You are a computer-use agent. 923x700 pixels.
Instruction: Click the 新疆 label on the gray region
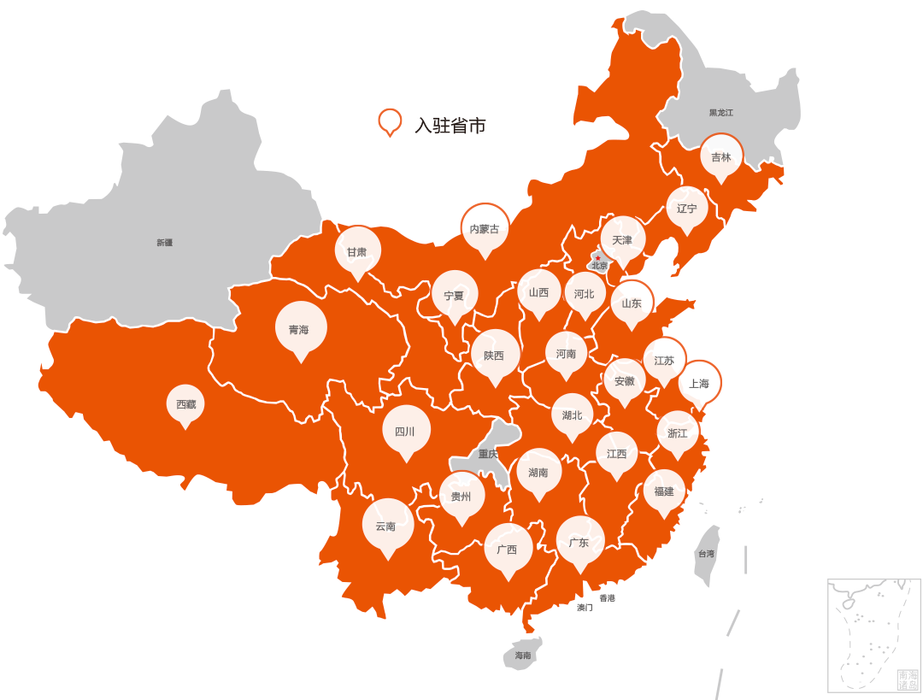pyautogui.click(x=164, y=243)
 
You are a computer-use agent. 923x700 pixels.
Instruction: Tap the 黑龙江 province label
pyautogui.click(x=720, y=113)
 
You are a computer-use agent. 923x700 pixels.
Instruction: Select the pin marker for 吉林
pyautogui.click(x=721, y=156)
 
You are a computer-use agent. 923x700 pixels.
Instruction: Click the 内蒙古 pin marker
pyautogui.click(x=485, y=228)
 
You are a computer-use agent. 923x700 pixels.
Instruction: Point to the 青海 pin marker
pyautogui.click(x=300, y=329)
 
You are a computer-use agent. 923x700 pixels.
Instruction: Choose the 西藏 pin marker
pyautogui.click(x=185, y=404)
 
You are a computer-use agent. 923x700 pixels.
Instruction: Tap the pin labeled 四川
pyautogui.click(x=406, y=431)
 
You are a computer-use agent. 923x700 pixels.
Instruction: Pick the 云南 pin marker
pyautogui.click(x=387, y=526)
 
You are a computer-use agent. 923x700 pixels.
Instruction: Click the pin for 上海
pyautogui.click(x=699, y=384)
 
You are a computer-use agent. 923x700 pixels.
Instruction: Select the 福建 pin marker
pyautogui.click(x=664, y=491)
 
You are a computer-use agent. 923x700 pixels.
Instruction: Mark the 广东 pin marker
pyautogui.click(x=580, y=542)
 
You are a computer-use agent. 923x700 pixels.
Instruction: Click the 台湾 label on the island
pyautogui.click(x=706, y=554)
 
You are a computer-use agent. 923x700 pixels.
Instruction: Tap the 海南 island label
pyautogui.click(x=523, y=656)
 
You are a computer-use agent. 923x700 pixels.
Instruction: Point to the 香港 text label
pyautogui.click(x=607, y=598)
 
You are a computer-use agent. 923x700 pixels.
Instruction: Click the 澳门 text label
pyautogui.click(x=585, y=608)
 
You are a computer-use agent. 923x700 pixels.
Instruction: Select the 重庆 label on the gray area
pyautogui.click(x=488, y=454)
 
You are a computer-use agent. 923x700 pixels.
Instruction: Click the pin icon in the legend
pyautogui.click(x=390, y=122)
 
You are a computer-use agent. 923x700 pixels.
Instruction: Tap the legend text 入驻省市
pyautogui.click(x=450, y=126)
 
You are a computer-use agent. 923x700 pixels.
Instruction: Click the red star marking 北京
pyautogui.click(x=598, y=258)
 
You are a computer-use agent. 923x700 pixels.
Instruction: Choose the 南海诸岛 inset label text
pyautogui.click(x=908, y=679)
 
